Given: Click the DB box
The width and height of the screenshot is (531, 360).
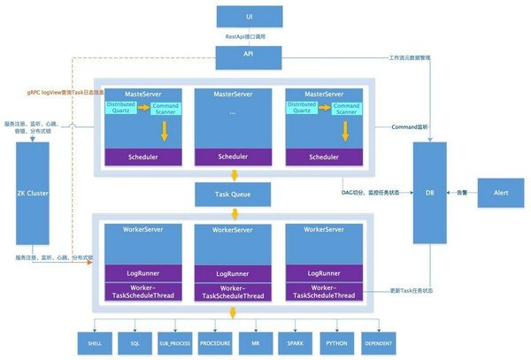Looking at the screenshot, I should pos(429,192).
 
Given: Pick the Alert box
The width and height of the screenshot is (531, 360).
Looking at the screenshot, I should pos(502,192).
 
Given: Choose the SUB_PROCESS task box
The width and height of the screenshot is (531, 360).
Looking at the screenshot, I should pos(180,341).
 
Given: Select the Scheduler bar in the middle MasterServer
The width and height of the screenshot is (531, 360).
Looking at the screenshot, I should pos(233,157).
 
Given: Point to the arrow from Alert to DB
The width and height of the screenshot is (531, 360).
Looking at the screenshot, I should pos(462,192).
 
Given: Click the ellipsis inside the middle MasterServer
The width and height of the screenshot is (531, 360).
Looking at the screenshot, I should pos(233,113).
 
